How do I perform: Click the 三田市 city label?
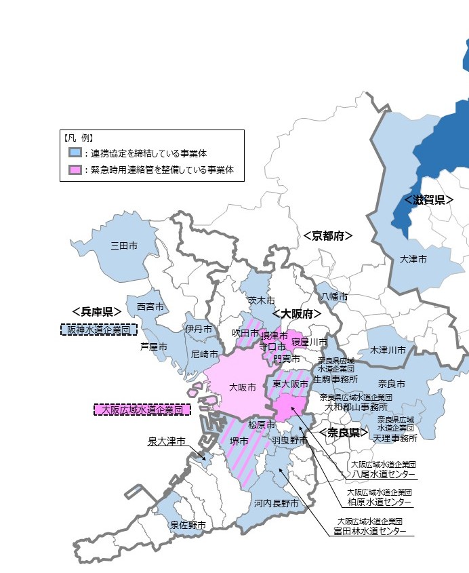pyautogui.click(x=124, y=245)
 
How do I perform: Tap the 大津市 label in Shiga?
pyautogui.click(x=413, y=259)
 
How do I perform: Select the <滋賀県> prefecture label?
pyautogui.click(x=428, y=200)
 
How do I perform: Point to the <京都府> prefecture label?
pyautogui.click(x=328, y=236)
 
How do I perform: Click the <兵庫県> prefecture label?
pyautogui.click(x=96, y=311)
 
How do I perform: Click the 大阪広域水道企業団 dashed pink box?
pyautogui.click(x=142, y=410)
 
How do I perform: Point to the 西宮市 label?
pyautogui.click(x=150, y=307)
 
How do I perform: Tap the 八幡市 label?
pyautogui.click(x=334, y=297)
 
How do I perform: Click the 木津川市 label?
pyautogui.click(x=388, y=350)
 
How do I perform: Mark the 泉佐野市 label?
pyautogui.click(x=188, y=524)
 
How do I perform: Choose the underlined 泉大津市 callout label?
pyautogui.click(x=167, y=441)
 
